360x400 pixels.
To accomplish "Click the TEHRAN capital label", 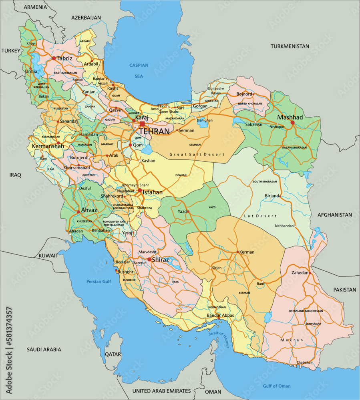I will (x=154, y=131).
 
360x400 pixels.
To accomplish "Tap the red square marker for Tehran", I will (x=142, y=124).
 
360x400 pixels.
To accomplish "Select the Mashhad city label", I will (x=290, y=117).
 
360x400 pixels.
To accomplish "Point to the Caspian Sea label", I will (x=139, y=70).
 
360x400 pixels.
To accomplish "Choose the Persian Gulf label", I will (x=99, y=282).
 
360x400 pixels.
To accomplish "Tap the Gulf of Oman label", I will (x=277, y=386).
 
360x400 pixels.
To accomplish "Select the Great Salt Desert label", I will (x=197, y=154).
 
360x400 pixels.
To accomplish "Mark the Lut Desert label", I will (x=260, y=216).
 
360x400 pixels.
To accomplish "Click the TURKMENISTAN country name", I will (x=290, y=46).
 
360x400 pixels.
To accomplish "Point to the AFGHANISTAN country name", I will (x=335, y=215).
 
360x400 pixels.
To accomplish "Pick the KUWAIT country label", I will (x=48, y=255).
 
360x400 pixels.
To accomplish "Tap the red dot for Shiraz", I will (x=149, y=259).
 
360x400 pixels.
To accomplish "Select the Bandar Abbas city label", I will (x=220, y=315).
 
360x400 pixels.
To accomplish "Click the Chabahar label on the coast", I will (x=304, y=362).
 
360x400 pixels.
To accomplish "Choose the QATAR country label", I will (x=113, y=354).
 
